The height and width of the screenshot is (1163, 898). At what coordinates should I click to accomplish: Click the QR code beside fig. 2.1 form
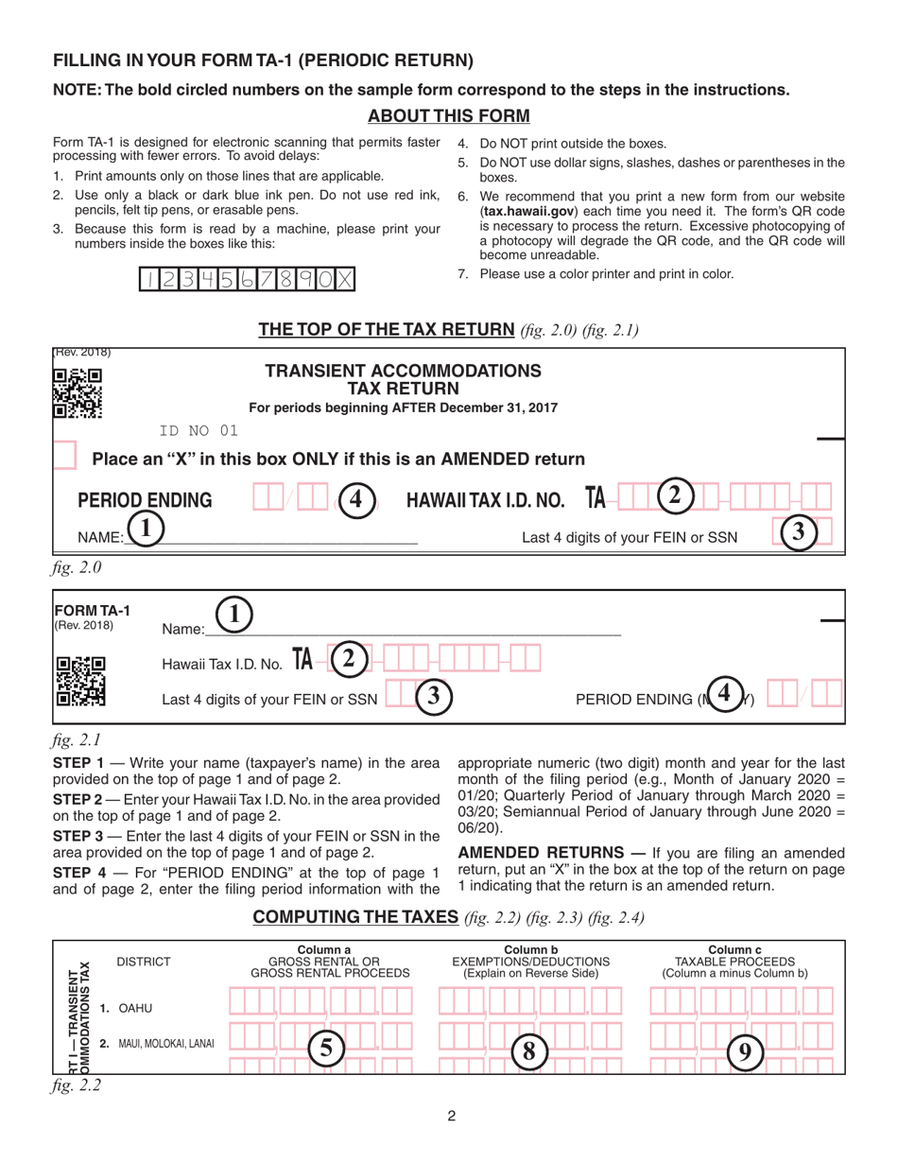(79, 683)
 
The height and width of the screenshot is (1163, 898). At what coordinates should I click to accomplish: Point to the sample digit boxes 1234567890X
(250, 280)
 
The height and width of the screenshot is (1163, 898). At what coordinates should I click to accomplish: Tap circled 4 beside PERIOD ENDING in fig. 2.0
(354, 498)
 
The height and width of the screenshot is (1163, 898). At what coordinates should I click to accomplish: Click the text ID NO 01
(199, 433)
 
